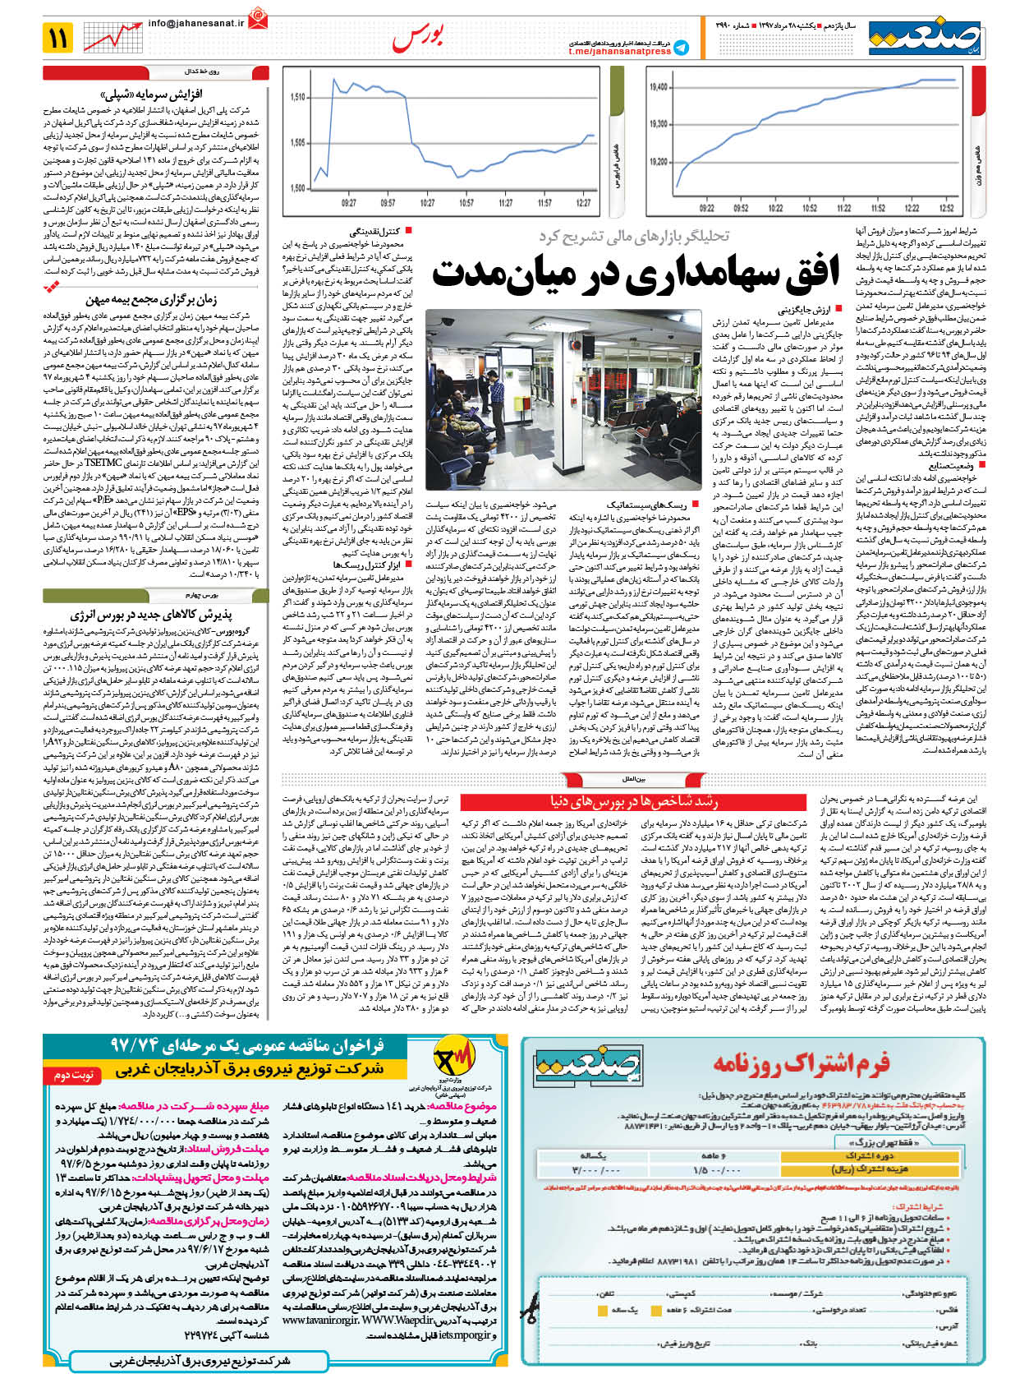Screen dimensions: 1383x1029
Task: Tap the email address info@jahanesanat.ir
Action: (196, 24)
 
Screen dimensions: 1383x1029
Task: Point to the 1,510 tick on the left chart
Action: (297, 97)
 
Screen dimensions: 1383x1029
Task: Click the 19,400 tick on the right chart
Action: (658, 86)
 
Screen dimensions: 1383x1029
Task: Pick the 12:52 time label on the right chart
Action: (946, 208)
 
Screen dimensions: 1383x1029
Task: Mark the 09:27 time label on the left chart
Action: (348, 203)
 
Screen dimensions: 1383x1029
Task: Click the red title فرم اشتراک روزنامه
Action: (801, 1064)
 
